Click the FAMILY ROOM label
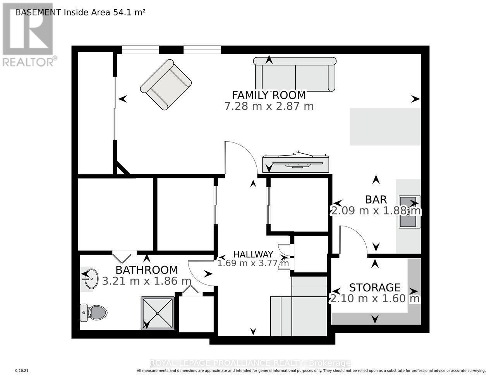coord(269,95)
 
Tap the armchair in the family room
coord(166,84)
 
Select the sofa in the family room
coord(295,74)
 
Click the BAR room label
coord(376,200)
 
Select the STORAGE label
coord(374,288)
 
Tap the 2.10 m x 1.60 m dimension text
coord(374,299)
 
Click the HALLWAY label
coord(253,254)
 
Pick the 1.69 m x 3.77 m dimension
coord(253,264)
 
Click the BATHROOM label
coord(147,270)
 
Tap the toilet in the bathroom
coord(94,312)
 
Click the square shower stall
coord(158,313)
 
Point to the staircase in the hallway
coord(298,310)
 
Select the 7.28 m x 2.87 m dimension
coord(269,106)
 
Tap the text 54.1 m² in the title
coord(129,12)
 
